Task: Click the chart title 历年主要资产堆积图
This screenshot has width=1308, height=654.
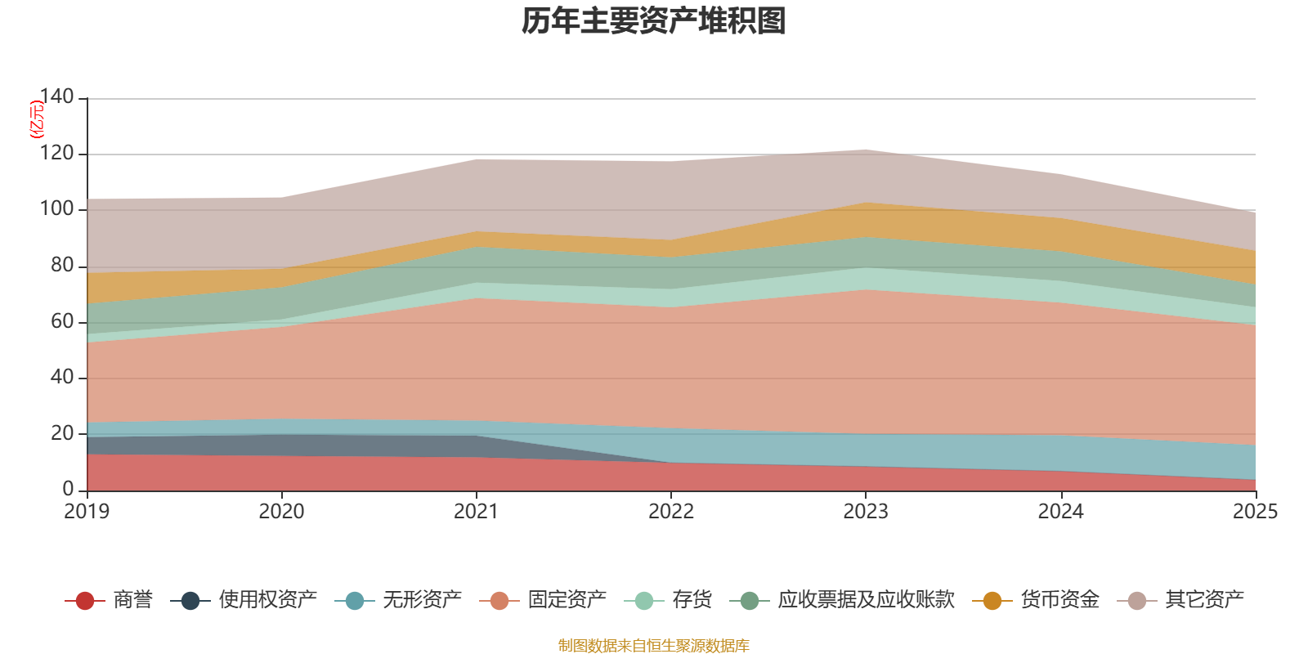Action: coord(654,21)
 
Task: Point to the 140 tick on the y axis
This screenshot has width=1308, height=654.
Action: coord(56,97)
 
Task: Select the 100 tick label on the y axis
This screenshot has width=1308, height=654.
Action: coord(56,209)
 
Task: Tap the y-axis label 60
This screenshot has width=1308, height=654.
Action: coord(62,321)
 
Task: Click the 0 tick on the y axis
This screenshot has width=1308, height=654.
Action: coord(68,489)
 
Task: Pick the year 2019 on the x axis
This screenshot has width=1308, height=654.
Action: coord(87,512)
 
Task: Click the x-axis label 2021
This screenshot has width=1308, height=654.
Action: coord(476,512)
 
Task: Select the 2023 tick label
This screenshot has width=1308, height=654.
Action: coord(866,512)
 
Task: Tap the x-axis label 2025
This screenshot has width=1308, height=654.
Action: coord(1254,512)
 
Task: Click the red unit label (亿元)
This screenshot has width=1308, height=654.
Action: coord(37,119)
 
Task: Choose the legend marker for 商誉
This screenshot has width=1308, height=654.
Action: coord(85,601)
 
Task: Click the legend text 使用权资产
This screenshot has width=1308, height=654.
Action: coord(267,600)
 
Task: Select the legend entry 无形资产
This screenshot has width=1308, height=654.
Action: coord(422,600)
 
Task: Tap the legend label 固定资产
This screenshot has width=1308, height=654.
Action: coord(567,600)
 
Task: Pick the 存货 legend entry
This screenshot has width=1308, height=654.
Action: coord(692,600)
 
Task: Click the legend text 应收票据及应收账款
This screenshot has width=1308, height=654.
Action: coord(866,600)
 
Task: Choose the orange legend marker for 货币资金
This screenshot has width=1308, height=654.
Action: coord(992,601)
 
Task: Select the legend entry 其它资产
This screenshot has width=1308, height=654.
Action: coord(1204,600)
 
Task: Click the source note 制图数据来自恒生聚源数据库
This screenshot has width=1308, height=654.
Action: coord(654,646)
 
